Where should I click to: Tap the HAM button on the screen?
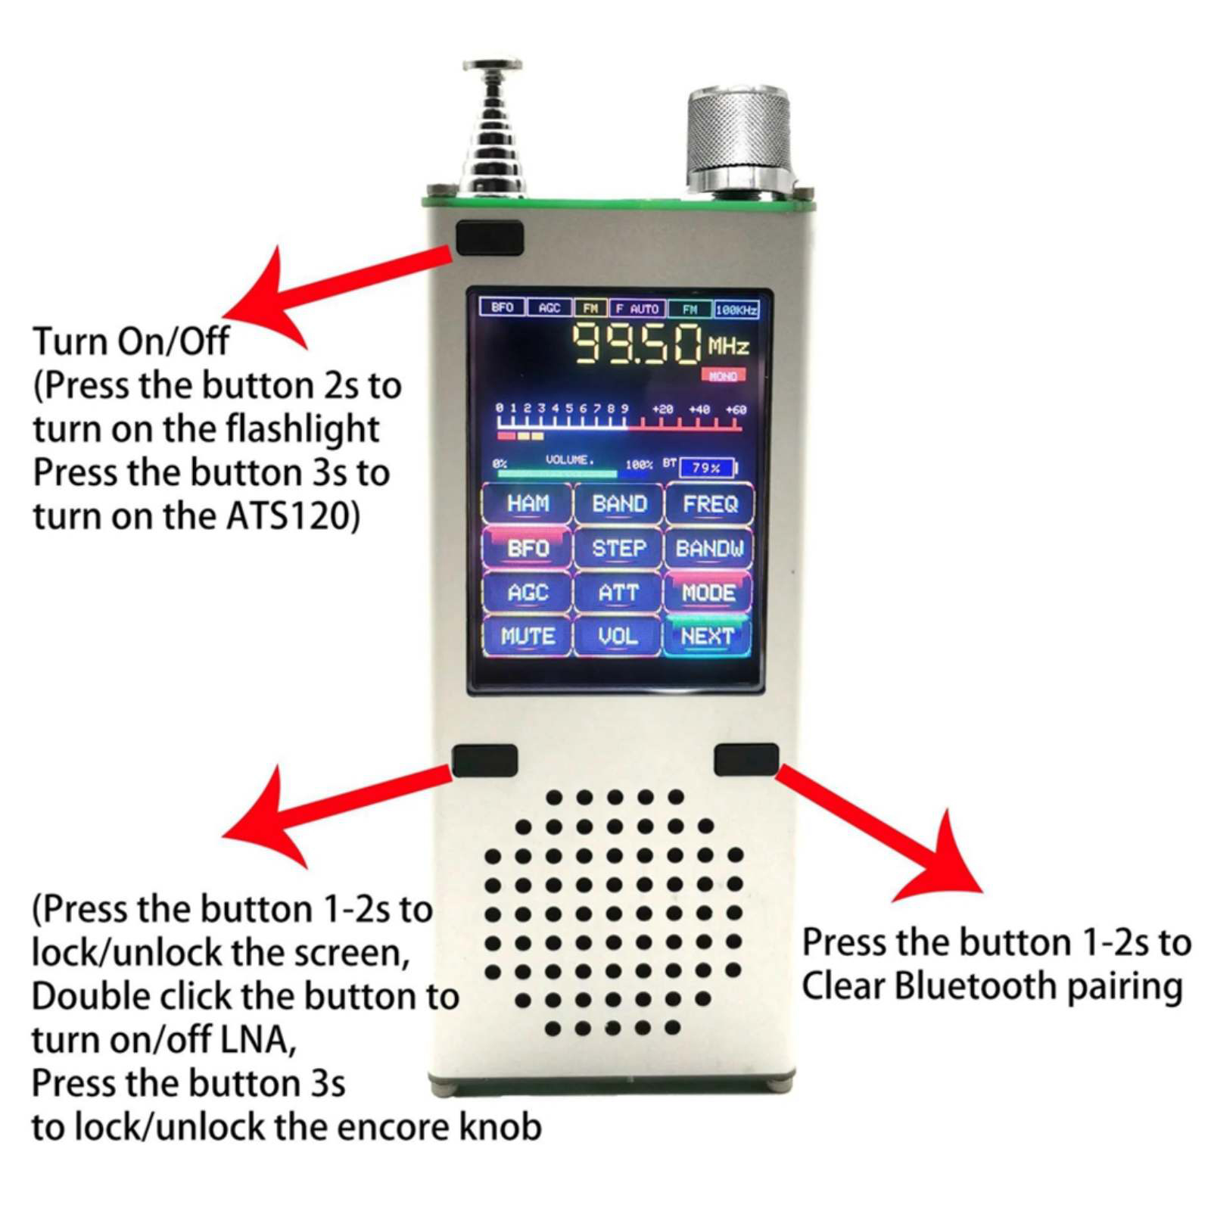tap(528, 504)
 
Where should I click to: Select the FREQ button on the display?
tap(709, 504)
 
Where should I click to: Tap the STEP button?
tap(618, 548)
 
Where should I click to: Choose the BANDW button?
tap(709, 548)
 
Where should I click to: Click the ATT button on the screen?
tap(618, 592)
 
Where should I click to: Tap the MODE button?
tap(708, 592)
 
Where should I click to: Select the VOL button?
tap(618, 637)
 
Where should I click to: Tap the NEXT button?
tap(708, 637)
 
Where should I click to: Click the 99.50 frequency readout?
tap(637, 344)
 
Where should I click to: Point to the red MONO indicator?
tap(724, 375)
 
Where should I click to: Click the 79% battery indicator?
tap(707, 468)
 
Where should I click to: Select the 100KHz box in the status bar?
tap(736, 309)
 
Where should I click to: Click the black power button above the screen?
tap(490, 238)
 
